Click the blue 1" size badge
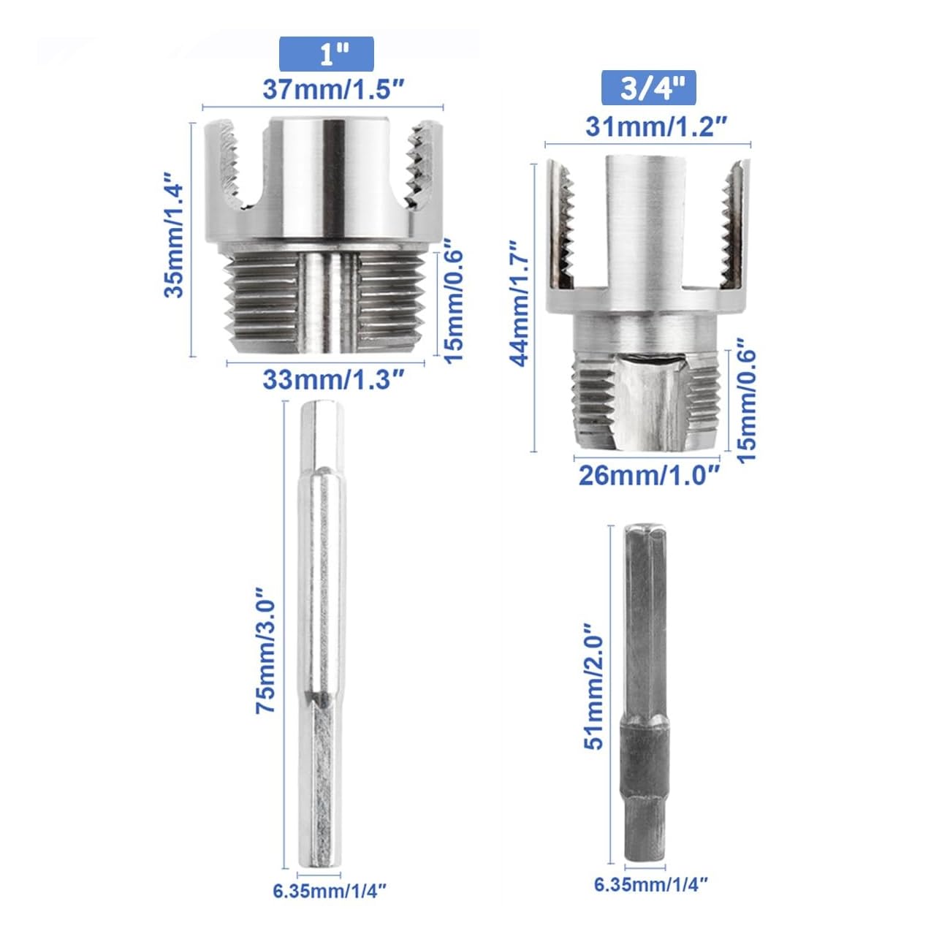pos(327,54)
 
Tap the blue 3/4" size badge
pos(648,88)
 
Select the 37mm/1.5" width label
pos(333,90)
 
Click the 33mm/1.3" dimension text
pos(333,379)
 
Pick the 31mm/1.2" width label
pos(656,127)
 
